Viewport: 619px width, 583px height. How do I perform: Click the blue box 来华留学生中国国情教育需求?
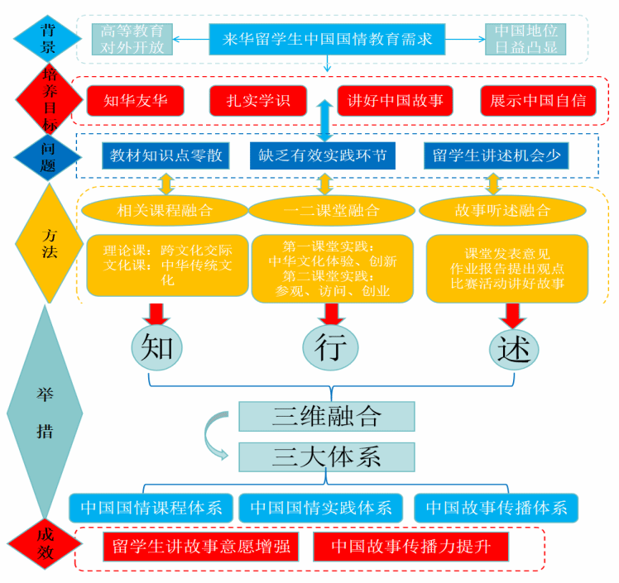(x=327, y=38)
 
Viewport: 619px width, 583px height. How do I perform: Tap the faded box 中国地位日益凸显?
(x=525, y=39)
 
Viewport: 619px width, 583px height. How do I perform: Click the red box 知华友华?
(x=136, y=101)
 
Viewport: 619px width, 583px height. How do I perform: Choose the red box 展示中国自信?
(x=537, y=101)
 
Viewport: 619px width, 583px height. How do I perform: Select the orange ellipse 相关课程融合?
(x=165, y=210)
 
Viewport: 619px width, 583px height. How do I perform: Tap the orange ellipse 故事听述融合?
(x=501, y=210)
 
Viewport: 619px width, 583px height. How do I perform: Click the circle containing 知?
(x=156, y=348)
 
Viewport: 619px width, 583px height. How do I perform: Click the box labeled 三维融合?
(x=326, y=415)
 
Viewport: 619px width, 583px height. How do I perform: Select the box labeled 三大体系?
(x=326, y=456)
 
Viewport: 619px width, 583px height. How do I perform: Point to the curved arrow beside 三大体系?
(x=216, y=436)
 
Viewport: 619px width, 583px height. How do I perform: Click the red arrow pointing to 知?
(x=155, y=315)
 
